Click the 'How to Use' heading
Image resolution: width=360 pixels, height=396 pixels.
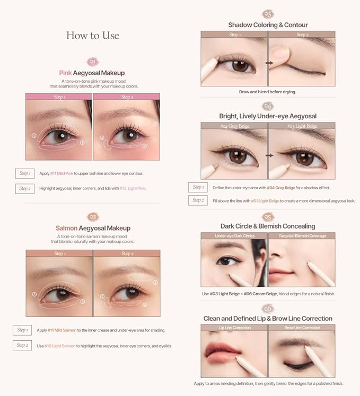[92, 36]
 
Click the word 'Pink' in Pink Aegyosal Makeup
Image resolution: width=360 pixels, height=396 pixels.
[66, 73]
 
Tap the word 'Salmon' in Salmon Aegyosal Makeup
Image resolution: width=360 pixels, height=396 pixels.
[67, 228]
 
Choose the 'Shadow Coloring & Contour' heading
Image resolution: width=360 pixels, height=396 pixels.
[268, 25]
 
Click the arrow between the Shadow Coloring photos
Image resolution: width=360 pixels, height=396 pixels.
[268, 63]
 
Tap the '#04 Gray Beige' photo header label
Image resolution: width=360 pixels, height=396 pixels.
[234, 126]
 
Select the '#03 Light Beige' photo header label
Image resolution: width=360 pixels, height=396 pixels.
[302, 126]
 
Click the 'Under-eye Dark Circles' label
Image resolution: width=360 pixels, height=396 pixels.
[234, 236]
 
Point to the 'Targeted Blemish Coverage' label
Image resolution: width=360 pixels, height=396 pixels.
[302, 236]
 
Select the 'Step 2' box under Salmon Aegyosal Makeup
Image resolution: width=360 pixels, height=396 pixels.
[22, 345]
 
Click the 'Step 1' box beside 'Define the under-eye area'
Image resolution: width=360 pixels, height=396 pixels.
[198, 187]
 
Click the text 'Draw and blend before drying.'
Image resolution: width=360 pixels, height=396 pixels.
[268, 92]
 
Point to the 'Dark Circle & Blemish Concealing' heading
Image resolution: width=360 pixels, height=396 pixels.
[268, 226]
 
